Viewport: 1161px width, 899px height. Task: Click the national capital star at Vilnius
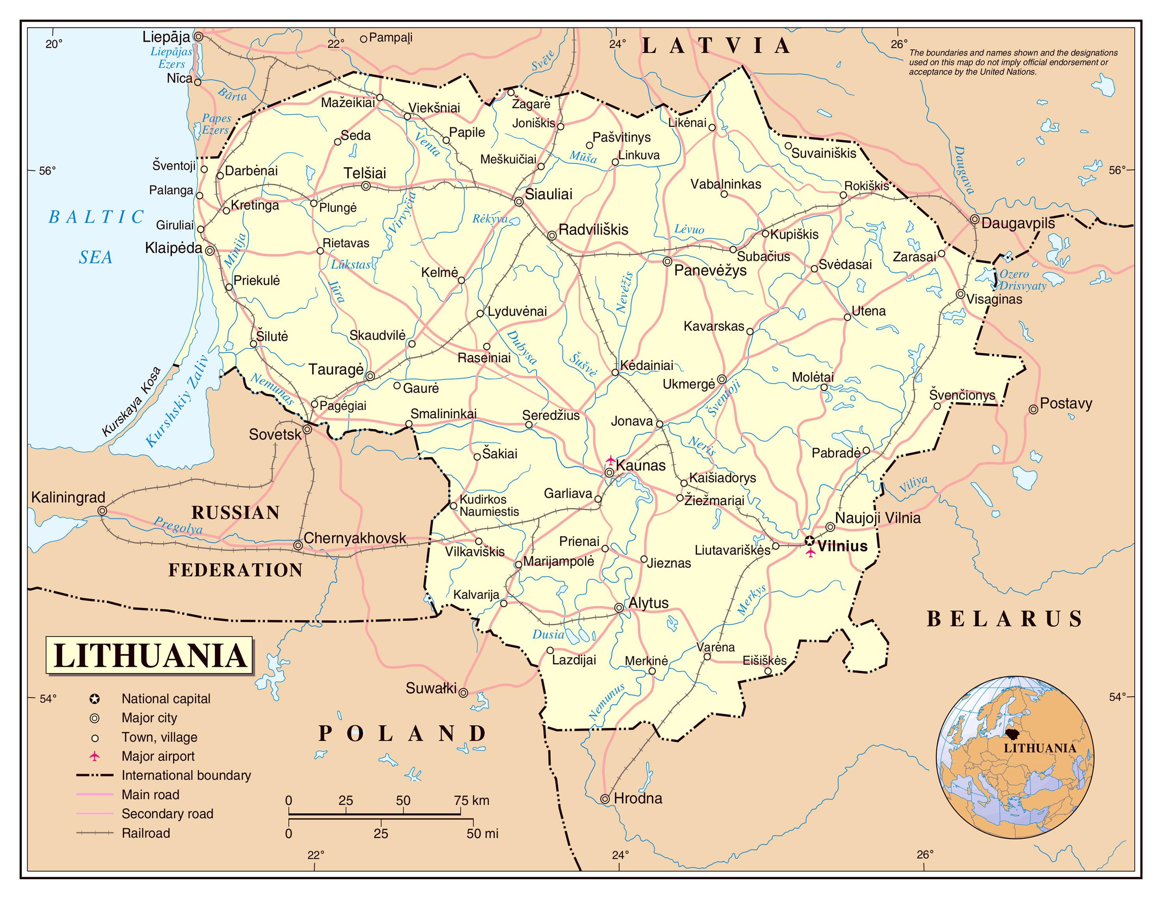[809, 541]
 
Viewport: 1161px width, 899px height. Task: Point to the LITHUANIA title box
[149, 655]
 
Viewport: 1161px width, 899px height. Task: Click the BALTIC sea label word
[96, 217]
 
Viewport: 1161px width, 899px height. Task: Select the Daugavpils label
[1018, 223]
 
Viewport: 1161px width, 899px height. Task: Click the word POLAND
[401, 734]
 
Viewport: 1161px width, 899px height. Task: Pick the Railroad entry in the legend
[145, 833]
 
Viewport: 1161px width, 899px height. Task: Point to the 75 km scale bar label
[471, 801]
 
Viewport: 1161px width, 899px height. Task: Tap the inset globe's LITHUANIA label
[1039, 748]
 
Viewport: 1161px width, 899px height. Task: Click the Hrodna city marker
[605, 798]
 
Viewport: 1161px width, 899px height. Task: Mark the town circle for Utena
[847, 317]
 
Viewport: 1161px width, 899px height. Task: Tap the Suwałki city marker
[463, 693]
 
